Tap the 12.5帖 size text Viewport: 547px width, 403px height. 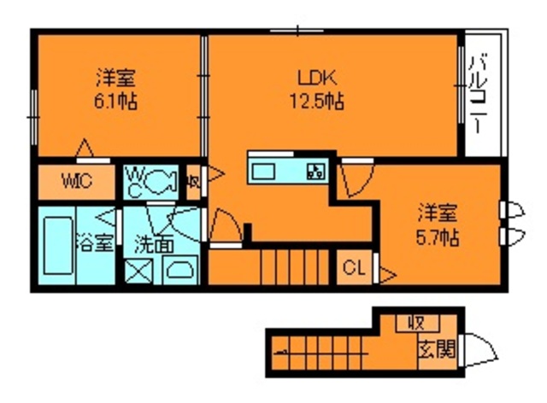click(x=314, y=102)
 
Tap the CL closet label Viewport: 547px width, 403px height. click(x=353, y=269)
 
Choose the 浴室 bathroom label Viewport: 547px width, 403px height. click(x=95, y=242)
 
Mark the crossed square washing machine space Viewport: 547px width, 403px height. click(x=138, y=272)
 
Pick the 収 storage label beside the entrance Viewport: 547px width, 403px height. click(x=417, y=324)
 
